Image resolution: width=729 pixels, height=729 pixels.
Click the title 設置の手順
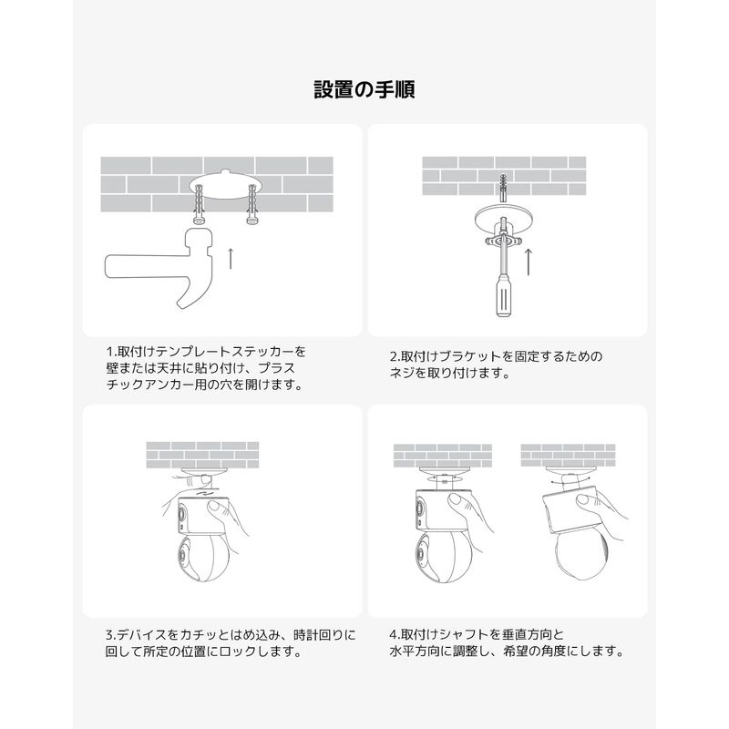pyautogui.click(x=364, y=89)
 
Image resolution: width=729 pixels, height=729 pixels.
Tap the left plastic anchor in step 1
pyautogui.click(x=200, y=203)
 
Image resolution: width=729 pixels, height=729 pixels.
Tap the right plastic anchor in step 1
pyautogui.click(x=252, y=203)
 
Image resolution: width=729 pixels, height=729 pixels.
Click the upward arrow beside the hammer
pyautogui.click(x=231, y=259)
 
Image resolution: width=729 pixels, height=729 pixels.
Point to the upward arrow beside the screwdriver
pyautogui.click(x=528, y=262)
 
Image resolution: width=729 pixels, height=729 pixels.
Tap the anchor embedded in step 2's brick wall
pyautogui.click(x=504, y=187)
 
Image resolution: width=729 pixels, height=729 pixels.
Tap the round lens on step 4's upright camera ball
pyautogui.click(x=421, y=554)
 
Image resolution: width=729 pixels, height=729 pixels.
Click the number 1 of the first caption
pyautogui.click(x=109, y=352)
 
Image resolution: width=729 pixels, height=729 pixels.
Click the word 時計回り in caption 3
pyautogui.click(x=318, y=634)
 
